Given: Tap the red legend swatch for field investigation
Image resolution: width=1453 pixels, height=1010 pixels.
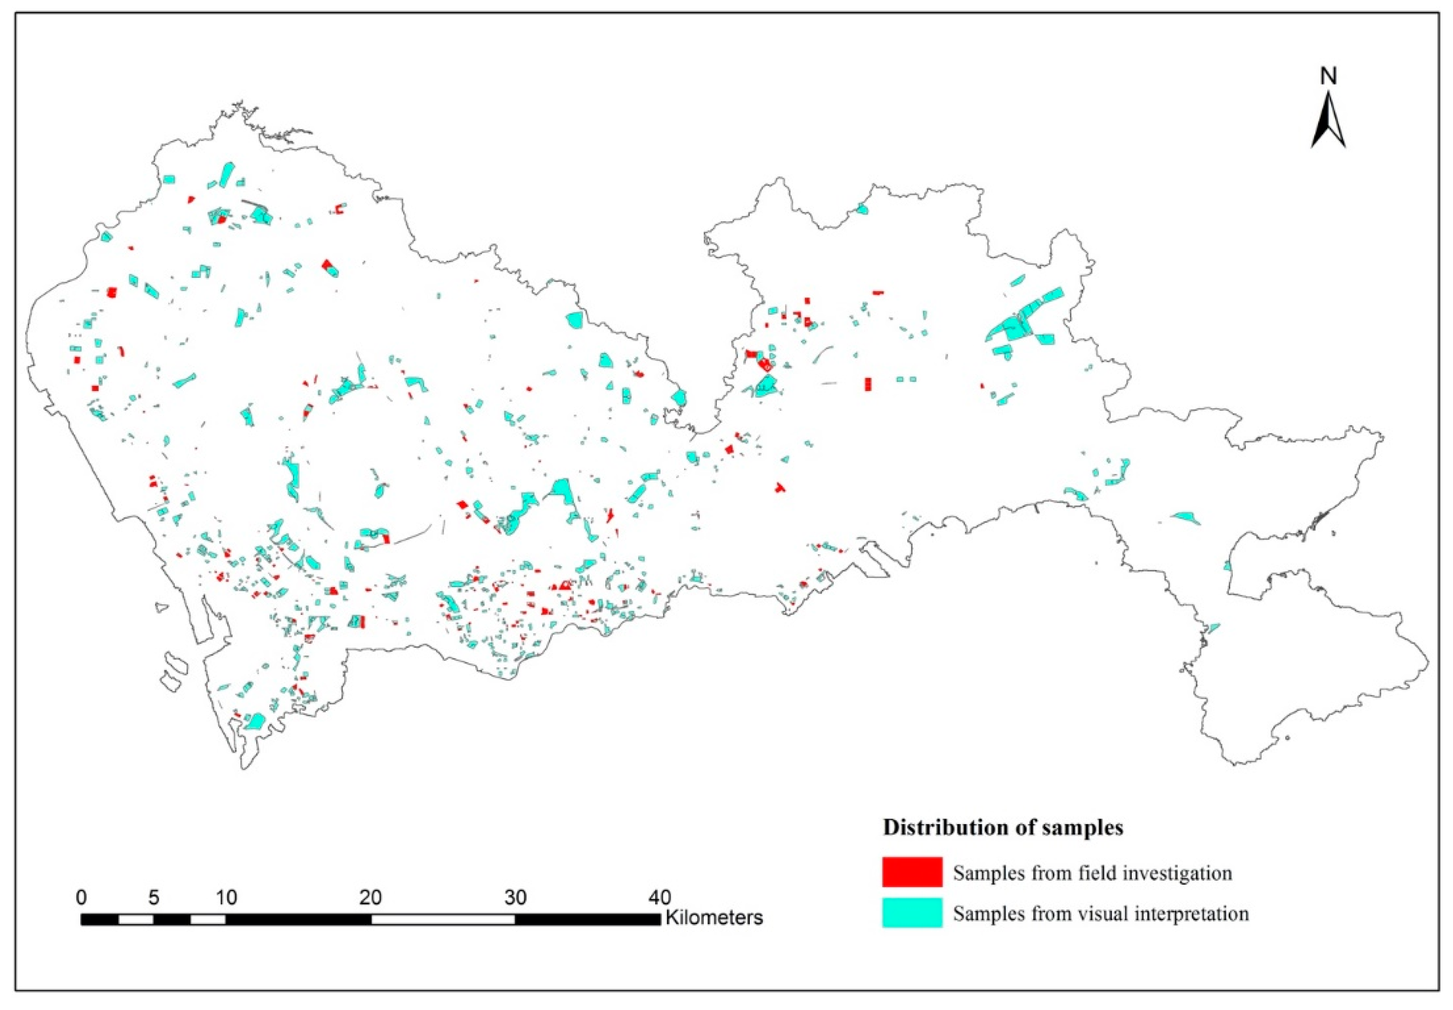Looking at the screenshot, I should coord(912,872).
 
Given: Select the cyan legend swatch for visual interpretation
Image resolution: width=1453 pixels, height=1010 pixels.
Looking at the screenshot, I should coord(912,912).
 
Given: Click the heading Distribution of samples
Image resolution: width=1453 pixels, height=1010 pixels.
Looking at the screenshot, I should coord(1003,827).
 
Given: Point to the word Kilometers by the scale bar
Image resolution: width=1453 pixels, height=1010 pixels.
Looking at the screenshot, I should coord(714,918).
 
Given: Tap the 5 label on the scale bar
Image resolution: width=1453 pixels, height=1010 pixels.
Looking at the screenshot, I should coord(154,897).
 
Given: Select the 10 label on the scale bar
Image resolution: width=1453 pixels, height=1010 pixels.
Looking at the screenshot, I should coord(226,897).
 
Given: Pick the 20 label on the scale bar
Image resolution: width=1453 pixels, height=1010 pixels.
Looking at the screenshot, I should coord(371,897).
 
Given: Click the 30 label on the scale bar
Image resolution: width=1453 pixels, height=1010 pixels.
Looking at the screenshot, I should coord(515,897).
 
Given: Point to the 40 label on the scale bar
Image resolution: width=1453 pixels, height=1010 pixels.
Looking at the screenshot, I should coord(659,897).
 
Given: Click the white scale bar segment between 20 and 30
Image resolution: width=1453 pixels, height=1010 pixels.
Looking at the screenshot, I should coord(443,920).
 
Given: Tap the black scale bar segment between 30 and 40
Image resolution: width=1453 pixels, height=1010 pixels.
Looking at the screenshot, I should coord(587,920).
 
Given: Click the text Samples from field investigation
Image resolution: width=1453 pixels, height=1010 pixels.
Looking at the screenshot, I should coord(1092,873).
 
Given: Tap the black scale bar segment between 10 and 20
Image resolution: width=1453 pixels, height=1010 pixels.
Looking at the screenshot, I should coord(298,920).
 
